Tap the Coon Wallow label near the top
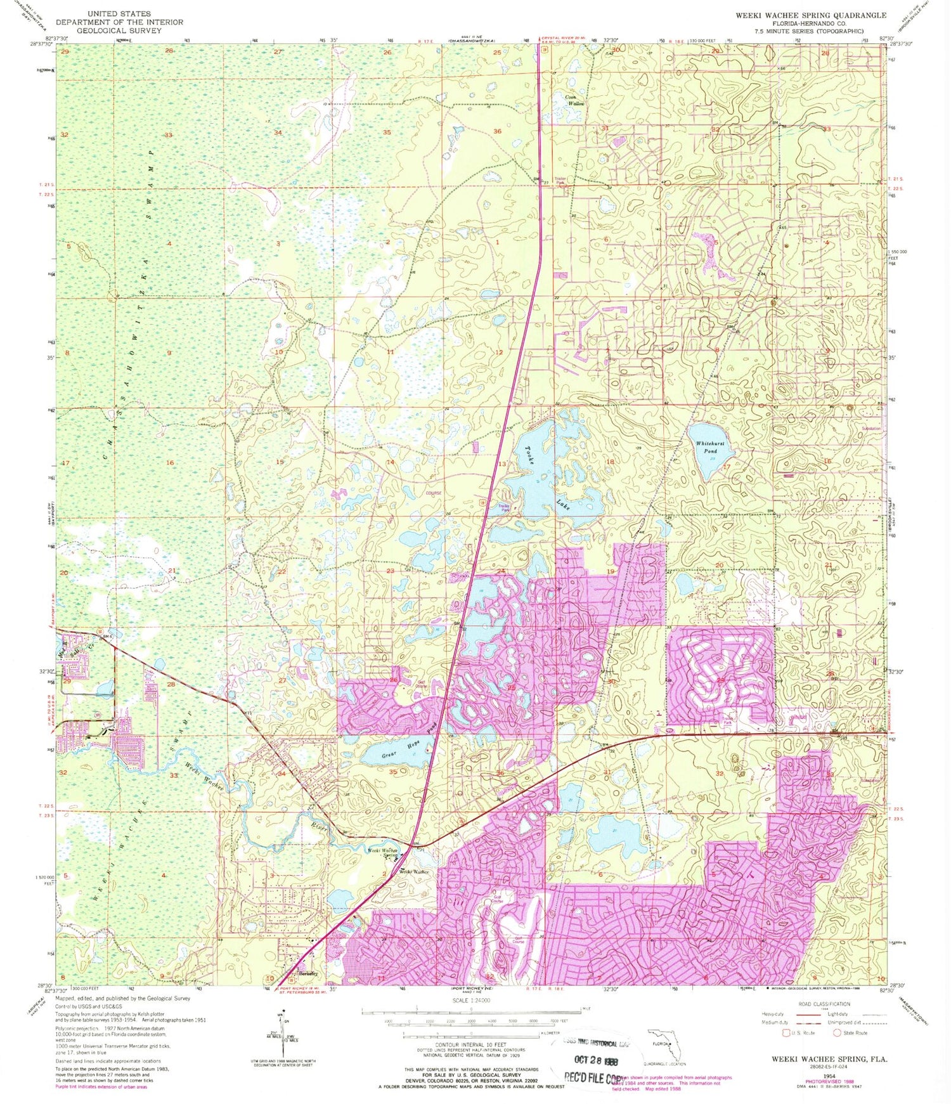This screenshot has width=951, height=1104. coord(575,100)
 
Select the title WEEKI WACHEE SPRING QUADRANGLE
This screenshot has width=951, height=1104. coord(811,15)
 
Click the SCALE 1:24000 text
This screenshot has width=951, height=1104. coord(471,1000)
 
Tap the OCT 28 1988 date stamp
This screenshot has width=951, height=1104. coord(595,1060)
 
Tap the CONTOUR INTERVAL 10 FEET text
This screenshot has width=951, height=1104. coord(471,1044)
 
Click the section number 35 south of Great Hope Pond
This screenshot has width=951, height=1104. coord(393,772)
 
